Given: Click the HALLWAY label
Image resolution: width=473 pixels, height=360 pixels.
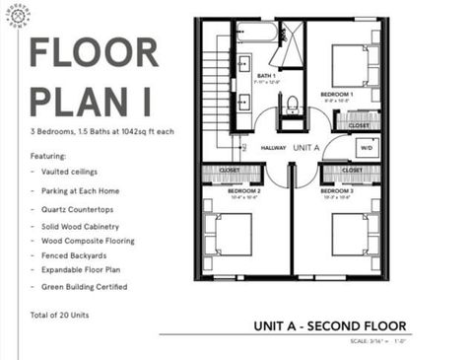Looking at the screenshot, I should point(273,148).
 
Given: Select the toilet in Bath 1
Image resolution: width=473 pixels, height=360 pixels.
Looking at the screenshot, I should point(291,105).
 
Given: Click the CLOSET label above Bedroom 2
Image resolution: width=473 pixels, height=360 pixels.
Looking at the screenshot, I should point(229,169).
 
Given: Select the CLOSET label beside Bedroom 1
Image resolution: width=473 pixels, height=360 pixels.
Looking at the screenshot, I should point(359,126).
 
